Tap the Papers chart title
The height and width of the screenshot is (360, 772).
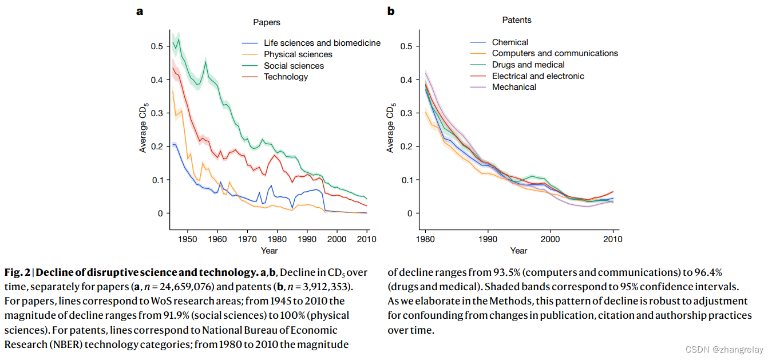[x=267, y=23]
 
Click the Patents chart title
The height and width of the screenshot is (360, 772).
[x=517, y=20]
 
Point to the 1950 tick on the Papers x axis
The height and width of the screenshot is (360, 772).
[x=187, y=239]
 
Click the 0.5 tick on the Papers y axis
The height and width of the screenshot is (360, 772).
[x=156, y=46]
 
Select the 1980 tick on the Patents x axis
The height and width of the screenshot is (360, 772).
[x=425, y=239]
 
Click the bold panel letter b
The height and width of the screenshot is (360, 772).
[x=391, y=10]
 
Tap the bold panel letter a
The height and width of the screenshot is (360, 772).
[x=139, y=10]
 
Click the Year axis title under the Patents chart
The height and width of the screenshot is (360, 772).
[x=518, y=251]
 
